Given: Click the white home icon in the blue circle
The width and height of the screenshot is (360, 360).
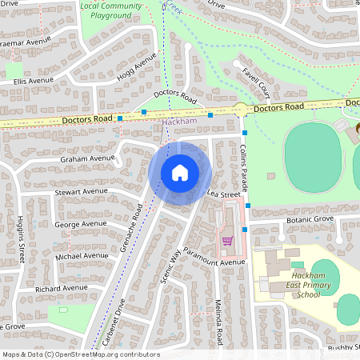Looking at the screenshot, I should (x=180, y=172).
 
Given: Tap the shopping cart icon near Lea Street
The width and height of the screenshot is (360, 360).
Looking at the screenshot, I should (x=227, y=239).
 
